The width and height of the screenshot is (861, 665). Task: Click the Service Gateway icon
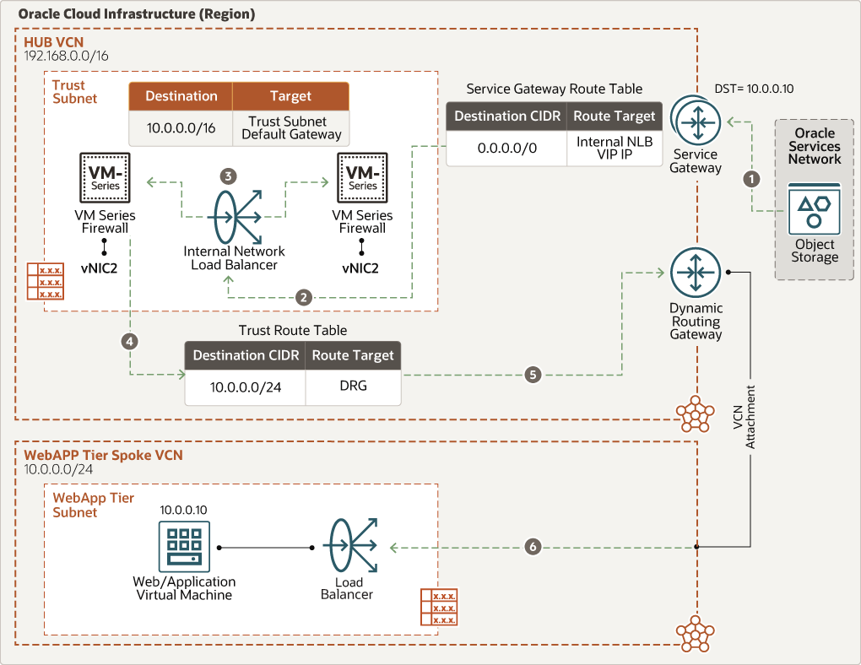[696, 121]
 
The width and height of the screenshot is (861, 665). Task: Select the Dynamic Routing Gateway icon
[696, 273]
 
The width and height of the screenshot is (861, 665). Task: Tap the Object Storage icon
[815, 209]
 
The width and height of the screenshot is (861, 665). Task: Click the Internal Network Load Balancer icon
[235, 217]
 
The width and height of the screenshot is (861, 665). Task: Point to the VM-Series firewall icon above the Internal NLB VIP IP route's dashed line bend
[362, 178]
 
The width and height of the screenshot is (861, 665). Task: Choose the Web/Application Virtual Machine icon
[184, 547]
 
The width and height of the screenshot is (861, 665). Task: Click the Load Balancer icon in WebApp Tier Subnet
[350, 545]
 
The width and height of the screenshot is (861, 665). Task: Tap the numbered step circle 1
[752, 178]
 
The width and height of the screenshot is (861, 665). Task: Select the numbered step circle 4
[130, 342]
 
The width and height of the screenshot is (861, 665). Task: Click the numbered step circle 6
[533, 546]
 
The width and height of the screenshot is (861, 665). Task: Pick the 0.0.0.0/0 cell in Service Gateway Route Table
[506, 149]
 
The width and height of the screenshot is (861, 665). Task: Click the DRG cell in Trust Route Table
[353, 387]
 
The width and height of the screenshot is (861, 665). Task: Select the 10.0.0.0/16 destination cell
[181, 128]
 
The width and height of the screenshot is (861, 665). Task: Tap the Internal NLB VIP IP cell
[615, 149]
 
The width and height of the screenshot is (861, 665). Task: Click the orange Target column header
[290, 96]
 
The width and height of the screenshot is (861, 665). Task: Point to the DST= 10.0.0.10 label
[754, 89]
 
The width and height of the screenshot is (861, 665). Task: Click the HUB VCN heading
[54, 42]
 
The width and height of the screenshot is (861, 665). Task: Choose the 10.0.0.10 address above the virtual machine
[183, 511]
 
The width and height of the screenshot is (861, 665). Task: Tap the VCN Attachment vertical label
[745, 417]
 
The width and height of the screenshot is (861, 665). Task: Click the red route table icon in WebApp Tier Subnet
[439, 607]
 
